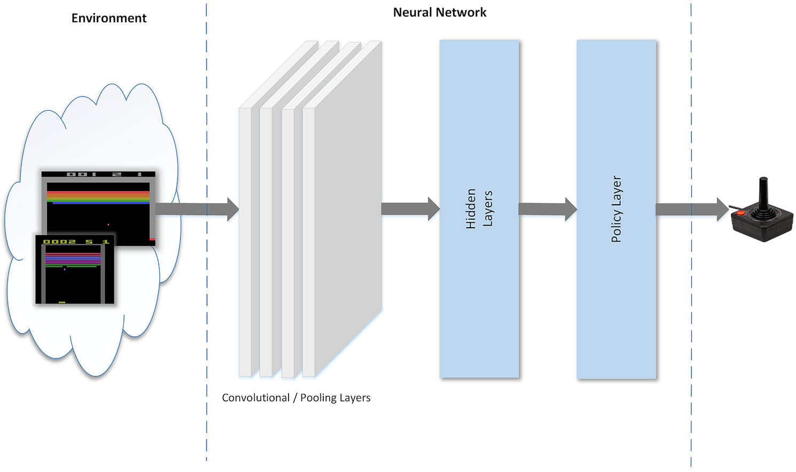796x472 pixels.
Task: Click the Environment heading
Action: (109, 18)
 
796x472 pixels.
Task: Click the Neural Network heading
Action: (440, 13)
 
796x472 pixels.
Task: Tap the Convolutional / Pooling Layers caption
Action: (296, 398)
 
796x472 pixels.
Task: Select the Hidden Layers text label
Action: (479, 208)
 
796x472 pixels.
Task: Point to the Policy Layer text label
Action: (616, 209)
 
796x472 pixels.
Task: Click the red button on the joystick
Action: (741, 213)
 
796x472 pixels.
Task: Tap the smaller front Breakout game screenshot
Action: (75, 270)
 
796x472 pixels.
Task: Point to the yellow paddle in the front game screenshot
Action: (62, 302)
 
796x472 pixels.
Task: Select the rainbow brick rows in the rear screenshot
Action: (98, 197)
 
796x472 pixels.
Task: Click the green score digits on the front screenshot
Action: (75, 242)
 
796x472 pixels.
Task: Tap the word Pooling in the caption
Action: (318, 398)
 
